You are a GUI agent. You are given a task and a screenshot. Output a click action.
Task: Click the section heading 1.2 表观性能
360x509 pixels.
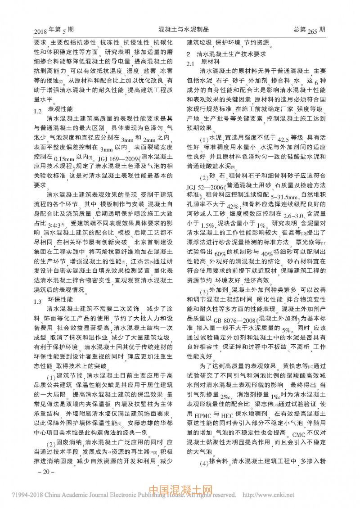coord(56,109)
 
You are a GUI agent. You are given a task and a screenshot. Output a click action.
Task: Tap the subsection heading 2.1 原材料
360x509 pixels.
coord(203,63)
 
